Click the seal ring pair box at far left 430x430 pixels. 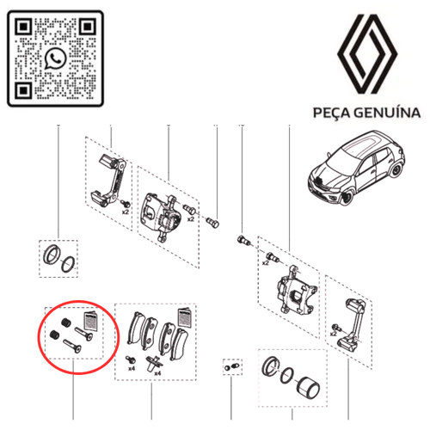(x=58, y=257)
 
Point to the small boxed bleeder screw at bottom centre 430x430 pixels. (x=230, y=367)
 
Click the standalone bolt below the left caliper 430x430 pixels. (x=216, y=225)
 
